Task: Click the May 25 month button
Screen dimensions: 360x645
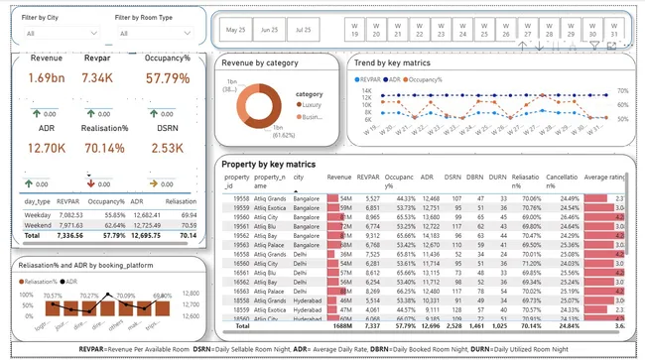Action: tap(235, 31)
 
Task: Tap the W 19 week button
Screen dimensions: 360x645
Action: tap(354, 30)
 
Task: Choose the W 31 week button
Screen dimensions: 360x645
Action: tap(614, 30)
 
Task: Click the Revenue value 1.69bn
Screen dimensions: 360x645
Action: tap(46, 78)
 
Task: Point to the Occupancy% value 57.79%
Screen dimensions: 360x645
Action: tap(168, 78)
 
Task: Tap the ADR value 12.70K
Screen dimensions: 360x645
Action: tap(47, 150)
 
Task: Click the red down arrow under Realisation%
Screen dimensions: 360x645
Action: tap(92, 183)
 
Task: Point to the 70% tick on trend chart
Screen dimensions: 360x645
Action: tap(622, 91)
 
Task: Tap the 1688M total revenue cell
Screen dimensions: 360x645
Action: tap(339, 324)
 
